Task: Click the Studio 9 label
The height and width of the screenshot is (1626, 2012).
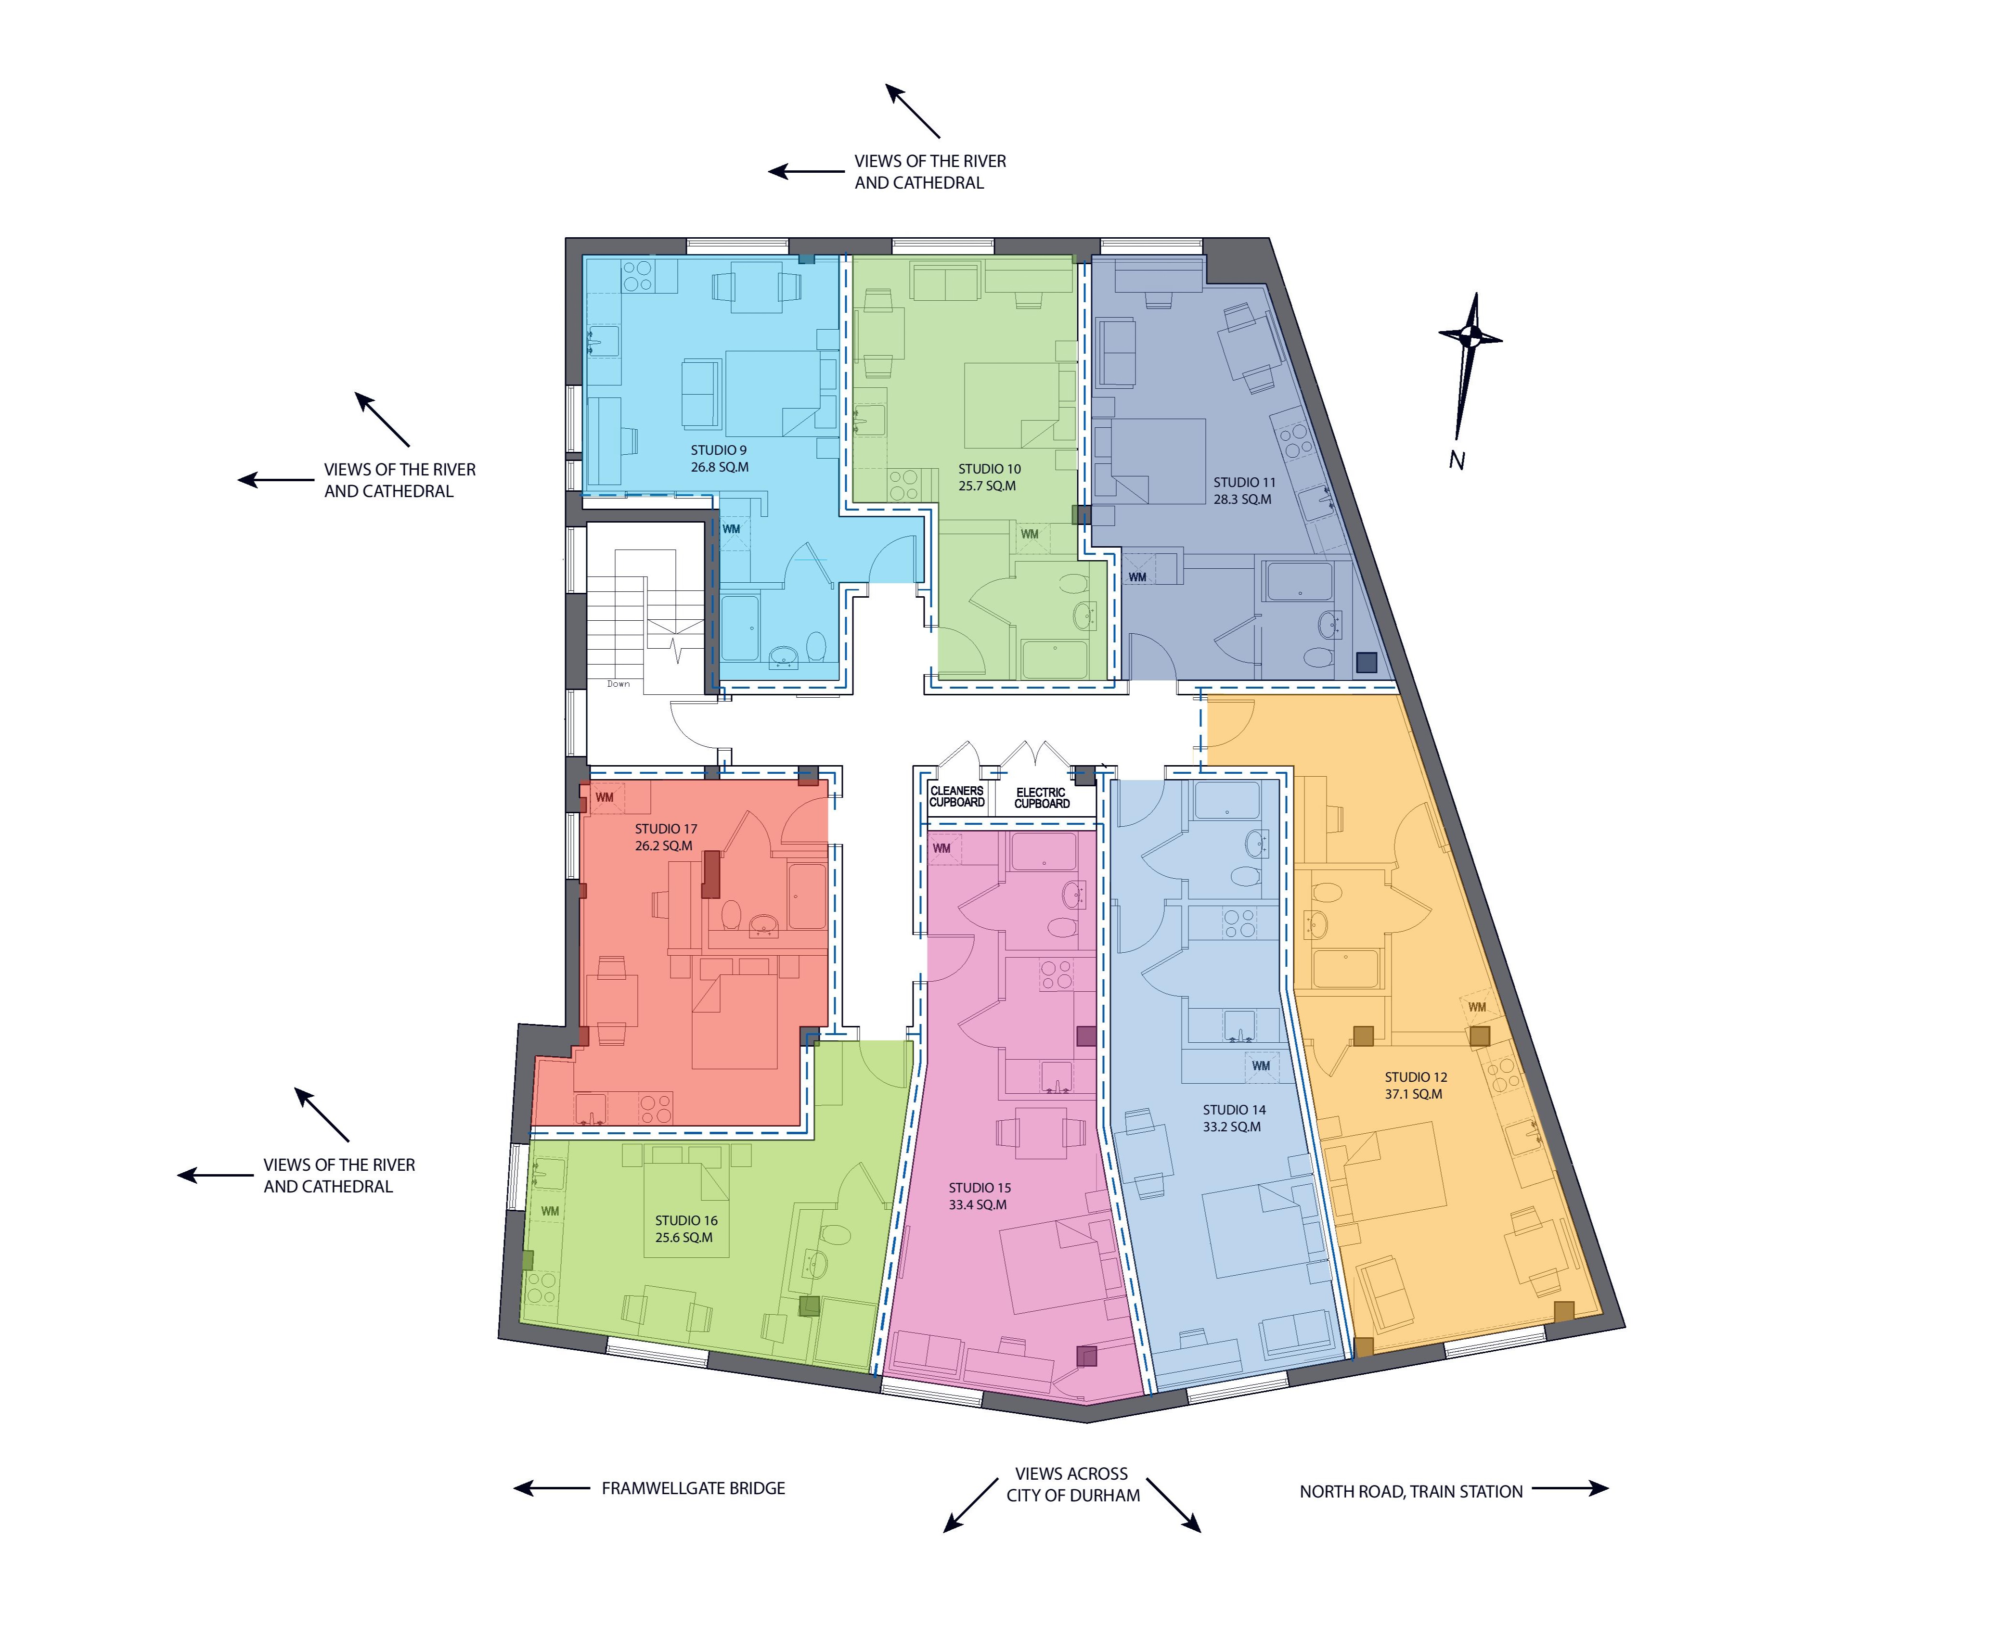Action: click(x=719, y=450)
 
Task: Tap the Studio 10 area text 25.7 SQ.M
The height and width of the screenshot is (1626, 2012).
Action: click(x=987, y=486)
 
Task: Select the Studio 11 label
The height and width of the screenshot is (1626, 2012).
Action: click(x=1244, y=482)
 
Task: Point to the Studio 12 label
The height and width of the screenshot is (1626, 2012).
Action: click(x=1415, y=1077)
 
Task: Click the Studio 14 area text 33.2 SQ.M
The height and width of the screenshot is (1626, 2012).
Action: click(x=1232, y=1127)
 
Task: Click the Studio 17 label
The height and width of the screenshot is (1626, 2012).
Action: click(x=666, y=829)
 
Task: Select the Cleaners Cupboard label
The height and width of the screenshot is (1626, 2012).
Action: click(x=956, y=796)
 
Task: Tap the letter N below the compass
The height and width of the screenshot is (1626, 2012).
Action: click(x=1457, y=461)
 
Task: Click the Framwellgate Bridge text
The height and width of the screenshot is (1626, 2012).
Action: click(x=693, y=1488)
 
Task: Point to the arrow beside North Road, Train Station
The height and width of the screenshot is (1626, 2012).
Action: click(x=1570, y=1488)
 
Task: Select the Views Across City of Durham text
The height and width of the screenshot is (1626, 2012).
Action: click(x=1072, y=1485)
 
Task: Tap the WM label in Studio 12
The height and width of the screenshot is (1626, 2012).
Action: click(x=1477, y=1008)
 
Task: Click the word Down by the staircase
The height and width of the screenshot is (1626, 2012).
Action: click(x=618, y=684)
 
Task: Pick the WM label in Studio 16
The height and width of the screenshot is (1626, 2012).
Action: click(x=550, y=1211)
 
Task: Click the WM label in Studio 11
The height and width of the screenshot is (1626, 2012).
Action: click(x=1137, y=577)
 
